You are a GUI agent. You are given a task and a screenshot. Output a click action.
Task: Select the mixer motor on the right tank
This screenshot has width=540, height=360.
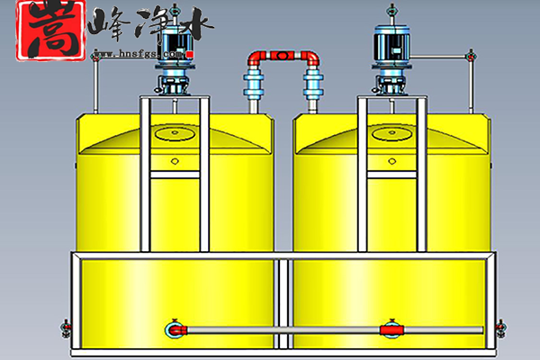pyautogui.click(x=391, y=50)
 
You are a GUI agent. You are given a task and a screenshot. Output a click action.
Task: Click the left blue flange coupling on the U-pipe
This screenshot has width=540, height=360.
pyautogui.click(x=253, y=91)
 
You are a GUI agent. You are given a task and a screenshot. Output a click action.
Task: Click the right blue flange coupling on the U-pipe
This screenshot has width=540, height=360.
pyautogui.click(x=313, y=91)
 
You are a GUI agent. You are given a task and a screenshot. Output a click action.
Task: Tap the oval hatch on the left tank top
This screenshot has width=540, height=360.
pyautogui.click(x=175, y=133)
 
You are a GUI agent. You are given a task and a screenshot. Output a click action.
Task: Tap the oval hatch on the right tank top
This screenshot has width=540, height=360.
pyautogui.click(x=391, y=134)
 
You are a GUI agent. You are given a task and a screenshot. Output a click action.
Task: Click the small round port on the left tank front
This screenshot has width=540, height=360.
pyautogui.click(x=174, y=163)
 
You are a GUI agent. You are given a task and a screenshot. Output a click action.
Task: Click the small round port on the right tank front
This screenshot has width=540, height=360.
pyautogui.click(x=391, y=163)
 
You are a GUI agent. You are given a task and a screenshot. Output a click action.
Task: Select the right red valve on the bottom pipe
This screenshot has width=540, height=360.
pyautogui.click(x=390, y=329)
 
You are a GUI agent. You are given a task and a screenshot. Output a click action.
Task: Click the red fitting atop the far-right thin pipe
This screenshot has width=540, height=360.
pyautogui.click(x=468, y=58)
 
